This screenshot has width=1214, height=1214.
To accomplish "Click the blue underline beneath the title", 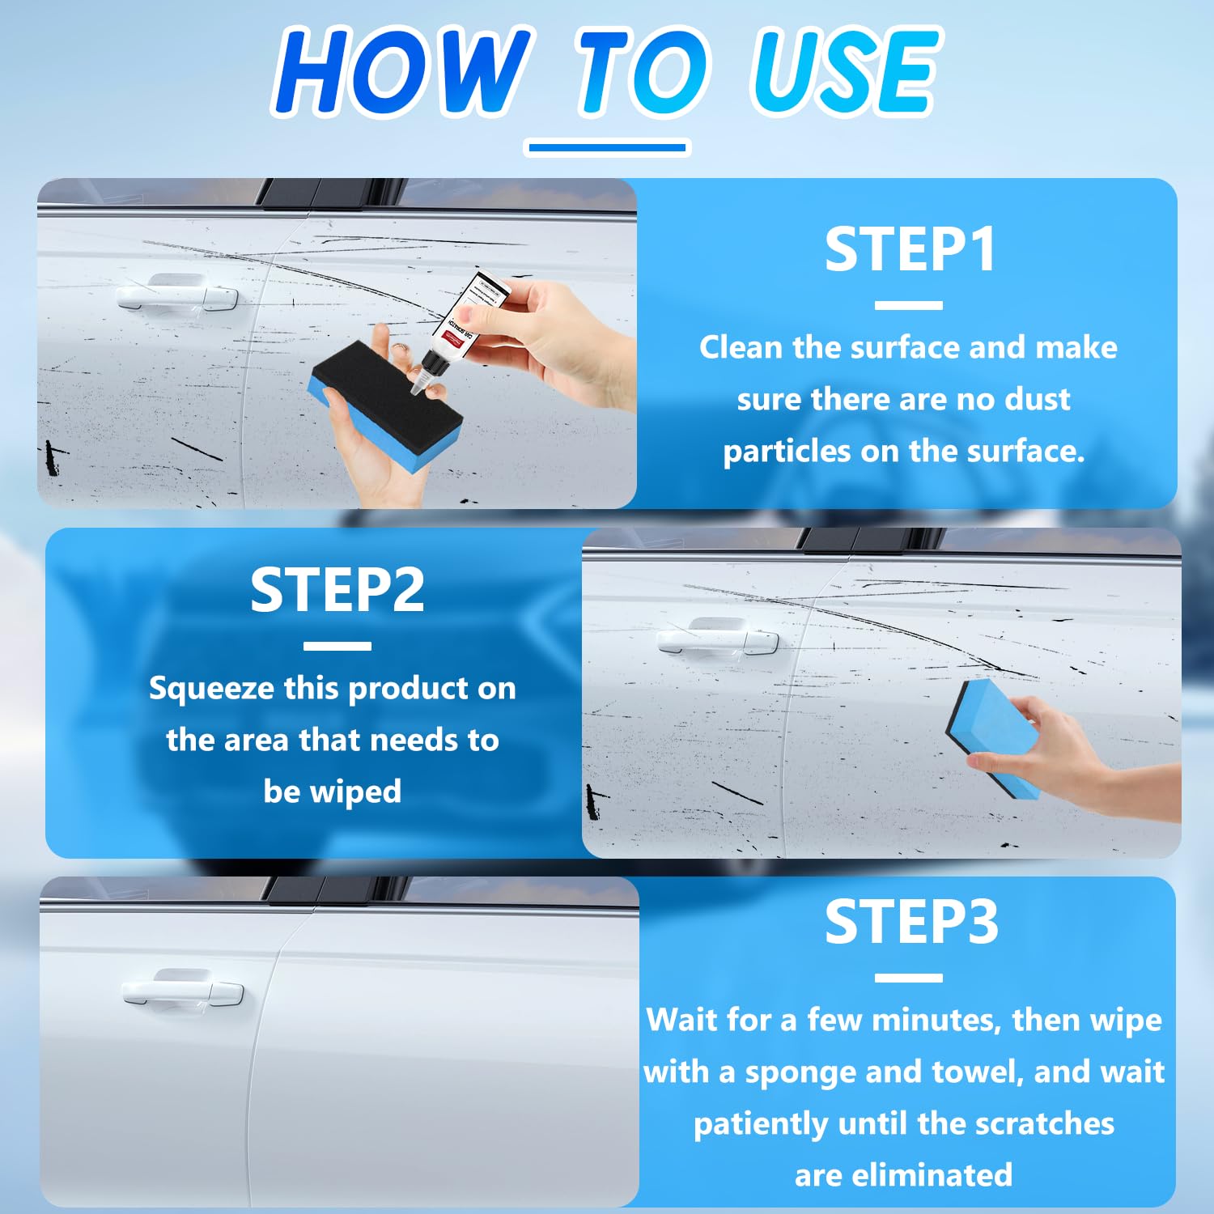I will (x=607, y=147).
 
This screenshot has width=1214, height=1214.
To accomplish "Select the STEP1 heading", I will (x=910, y=249).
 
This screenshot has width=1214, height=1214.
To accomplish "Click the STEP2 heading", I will (x=337, y=590).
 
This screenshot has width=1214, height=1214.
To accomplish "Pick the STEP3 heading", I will (x=911, y=922).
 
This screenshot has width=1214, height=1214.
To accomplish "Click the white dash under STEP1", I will (x=908, y=306).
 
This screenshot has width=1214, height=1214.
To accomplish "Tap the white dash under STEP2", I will (x=337, y=646).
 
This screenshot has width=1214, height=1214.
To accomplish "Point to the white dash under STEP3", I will (x=908, y=978).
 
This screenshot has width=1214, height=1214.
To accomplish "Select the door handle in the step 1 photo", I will (x=176, y=293).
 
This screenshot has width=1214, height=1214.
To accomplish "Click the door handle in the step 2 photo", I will (x=717, y=637).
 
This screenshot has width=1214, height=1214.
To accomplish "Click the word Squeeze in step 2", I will (x=211, y=689).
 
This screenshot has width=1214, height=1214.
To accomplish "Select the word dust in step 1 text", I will (x=1037, y=399).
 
